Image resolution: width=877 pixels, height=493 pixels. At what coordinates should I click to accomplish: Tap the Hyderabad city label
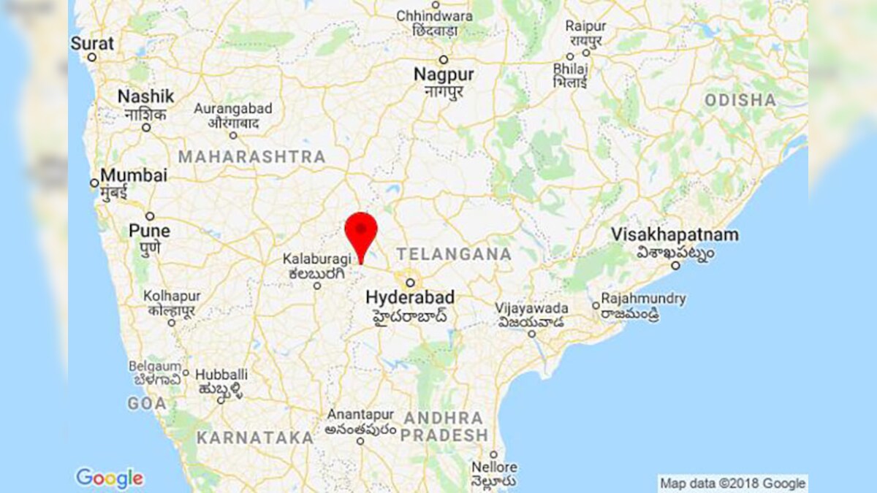pos(409,298)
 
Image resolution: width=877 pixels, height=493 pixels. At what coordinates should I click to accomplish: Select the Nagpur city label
pos(444,74)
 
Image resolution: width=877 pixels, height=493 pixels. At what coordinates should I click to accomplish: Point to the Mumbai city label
pos(134,176)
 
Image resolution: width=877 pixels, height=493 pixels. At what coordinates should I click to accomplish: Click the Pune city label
pos(149,231)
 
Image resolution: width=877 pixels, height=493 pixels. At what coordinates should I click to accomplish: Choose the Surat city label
pos(92,44)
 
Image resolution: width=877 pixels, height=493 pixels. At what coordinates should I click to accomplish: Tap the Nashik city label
pos(146,96)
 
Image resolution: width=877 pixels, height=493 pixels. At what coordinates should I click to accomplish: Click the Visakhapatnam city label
pos(675,235)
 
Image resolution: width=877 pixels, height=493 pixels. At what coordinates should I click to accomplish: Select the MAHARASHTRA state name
pos(252,157)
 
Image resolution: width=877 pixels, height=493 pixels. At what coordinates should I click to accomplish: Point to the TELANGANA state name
pos(453,254)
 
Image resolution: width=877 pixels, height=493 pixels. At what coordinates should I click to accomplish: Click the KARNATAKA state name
pos(254,438)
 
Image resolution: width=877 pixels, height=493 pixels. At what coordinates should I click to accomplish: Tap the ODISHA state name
pos(740,100)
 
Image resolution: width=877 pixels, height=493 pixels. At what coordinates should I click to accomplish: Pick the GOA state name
pos(147,403)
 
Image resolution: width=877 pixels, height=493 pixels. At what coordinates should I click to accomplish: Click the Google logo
pos(110,478)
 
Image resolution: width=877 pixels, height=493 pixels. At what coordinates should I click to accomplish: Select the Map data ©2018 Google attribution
pos(732,483)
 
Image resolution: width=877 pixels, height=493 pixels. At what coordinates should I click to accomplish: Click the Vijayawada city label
pos(531,308)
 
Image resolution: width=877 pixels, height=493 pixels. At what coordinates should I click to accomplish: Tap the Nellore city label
pos(494,467)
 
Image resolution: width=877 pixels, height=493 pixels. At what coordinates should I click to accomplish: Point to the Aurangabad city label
pos(232,109)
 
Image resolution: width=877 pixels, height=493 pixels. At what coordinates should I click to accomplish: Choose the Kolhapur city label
pos(171,297)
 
